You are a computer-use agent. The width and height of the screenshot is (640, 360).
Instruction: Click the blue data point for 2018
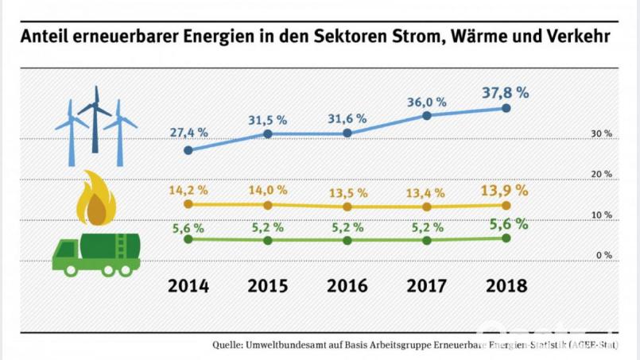pos(506,109)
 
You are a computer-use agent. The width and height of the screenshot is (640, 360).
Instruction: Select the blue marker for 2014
pos(188,150)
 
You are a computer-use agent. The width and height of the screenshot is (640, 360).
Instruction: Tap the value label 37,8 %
pos(505,91)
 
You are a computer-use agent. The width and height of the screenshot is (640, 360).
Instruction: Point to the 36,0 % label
pos(427,102)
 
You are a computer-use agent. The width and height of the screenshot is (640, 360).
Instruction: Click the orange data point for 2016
pos(347,207)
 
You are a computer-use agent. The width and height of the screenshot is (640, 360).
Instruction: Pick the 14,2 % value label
pos(188,190)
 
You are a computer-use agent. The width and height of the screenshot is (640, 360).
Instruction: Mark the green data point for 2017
pos(427,240)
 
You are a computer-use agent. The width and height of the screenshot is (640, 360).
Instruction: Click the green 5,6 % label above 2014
pos(188,227)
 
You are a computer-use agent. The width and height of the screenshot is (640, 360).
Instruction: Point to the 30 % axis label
pos(601,134)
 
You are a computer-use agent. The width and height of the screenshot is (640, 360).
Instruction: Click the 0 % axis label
pos(603,255)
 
